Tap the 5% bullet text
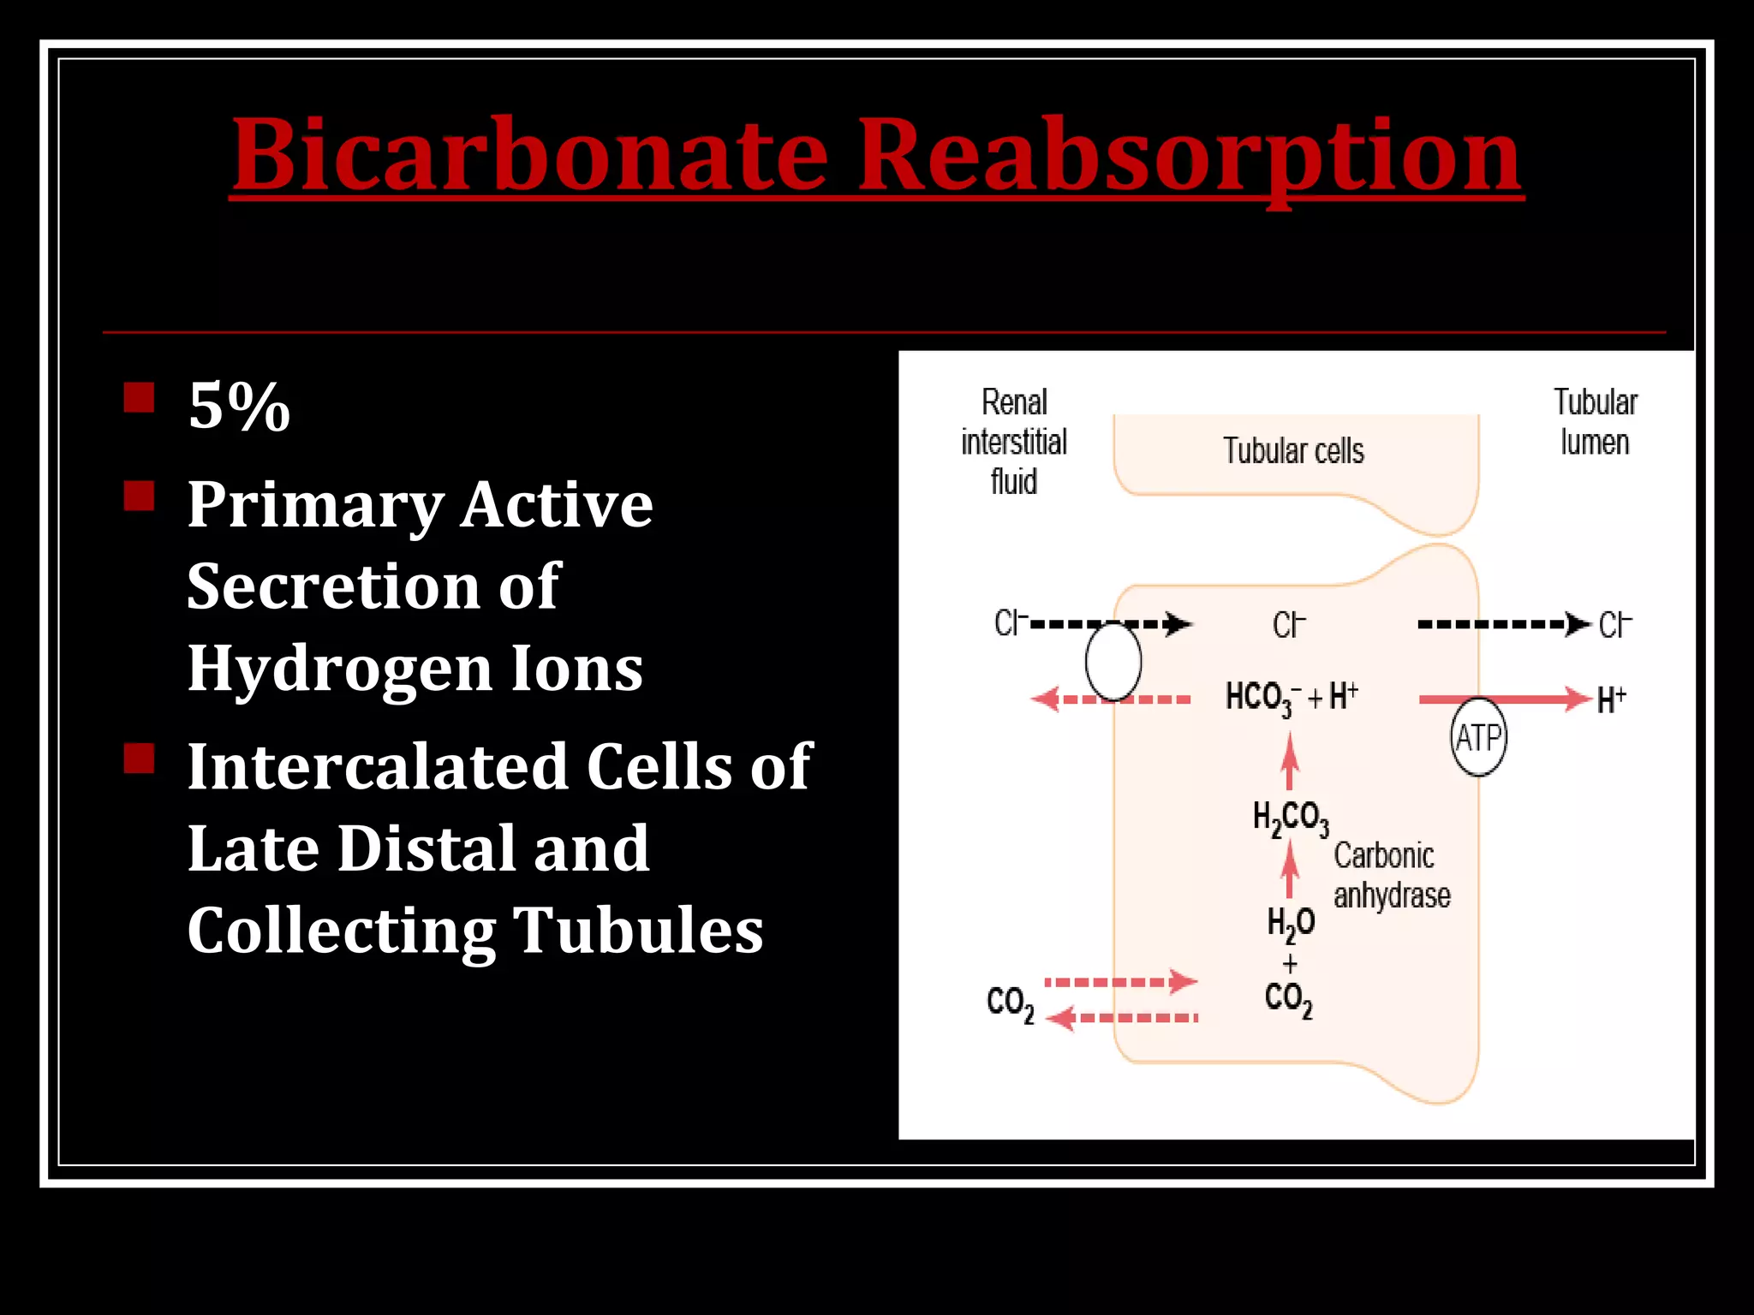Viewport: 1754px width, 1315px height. pos(239,406)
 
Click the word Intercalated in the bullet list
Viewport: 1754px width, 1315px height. pos(378,765)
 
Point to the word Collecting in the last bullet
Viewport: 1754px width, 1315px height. pos(341,930)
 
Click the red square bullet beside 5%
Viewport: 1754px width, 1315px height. pos(139,398)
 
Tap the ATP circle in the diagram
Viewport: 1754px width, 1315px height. pos(1478,737)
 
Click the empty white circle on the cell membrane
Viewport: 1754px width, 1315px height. pos(1113,662)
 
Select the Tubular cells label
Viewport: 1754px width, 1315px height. pos(1293,451)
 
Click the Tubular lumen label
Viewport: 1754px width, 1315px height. pos(1595,422)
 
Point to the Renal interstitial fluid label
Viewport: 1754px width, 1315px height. pos(1014,442)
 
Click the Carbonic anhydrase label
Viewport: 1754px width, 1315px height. pos(1392,875)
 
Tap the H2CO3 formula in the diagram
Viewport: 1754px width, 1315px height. pos(1291,818)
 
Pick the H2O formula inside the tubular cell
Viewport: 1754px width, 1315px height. pos(1291,923)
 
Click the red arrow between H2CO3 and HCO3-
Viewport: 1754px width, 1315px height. pos(1290,762)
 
